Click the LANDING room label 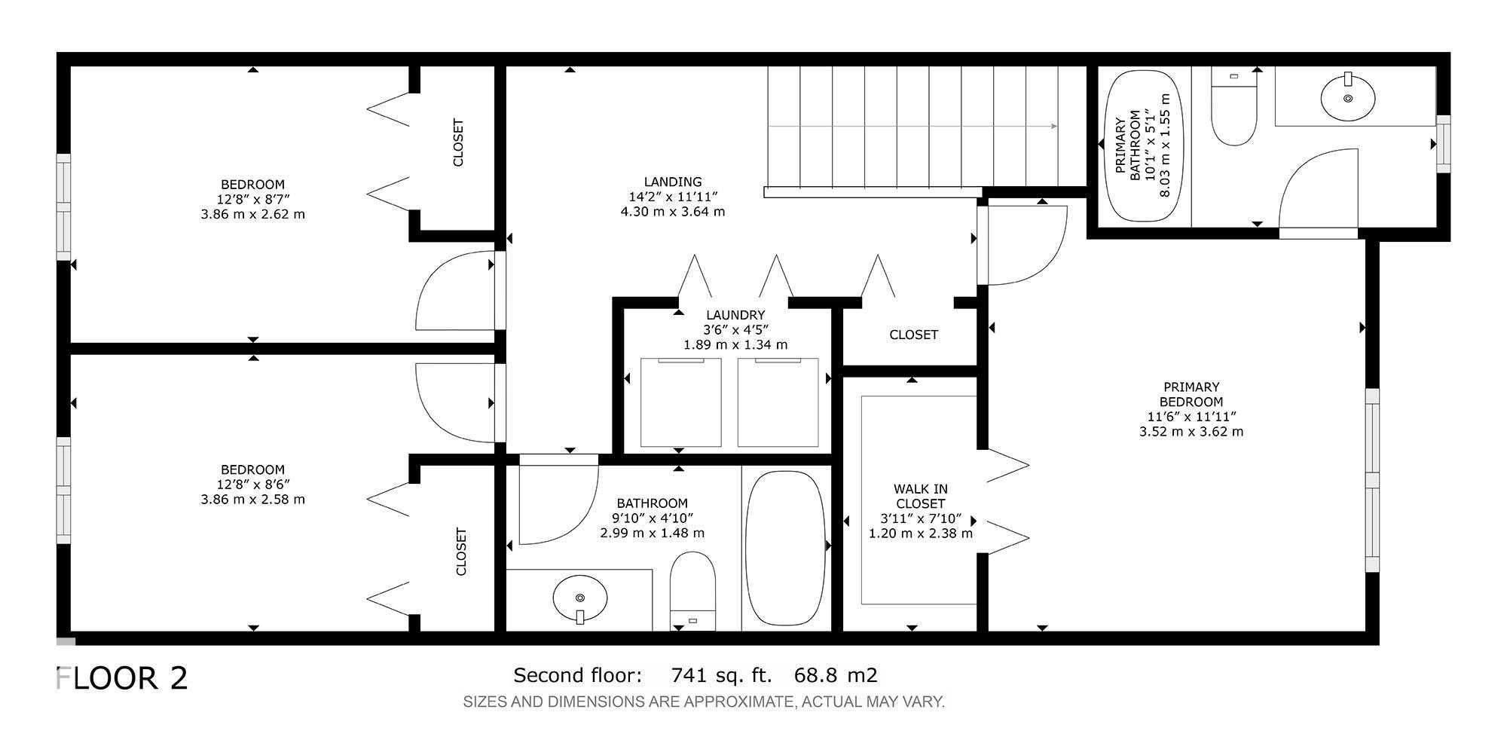673,182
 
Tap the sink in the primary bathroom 1348,97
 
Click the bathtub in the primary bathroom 1144,146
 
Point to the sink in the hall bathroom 579,598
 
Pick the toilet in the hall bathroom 692,591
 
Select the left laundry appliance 680,402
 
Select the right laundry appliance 778,402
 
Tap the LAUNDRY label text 735,315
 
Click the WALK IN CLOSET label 921,497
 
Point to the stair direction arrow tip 1056,127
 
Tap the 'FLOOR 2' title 122,678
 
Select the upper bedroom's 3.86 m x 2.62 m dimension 253,214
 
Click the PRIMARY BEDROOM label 1191,394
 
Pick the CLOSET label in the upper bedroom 458,142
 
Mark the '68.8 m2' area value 836,675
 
